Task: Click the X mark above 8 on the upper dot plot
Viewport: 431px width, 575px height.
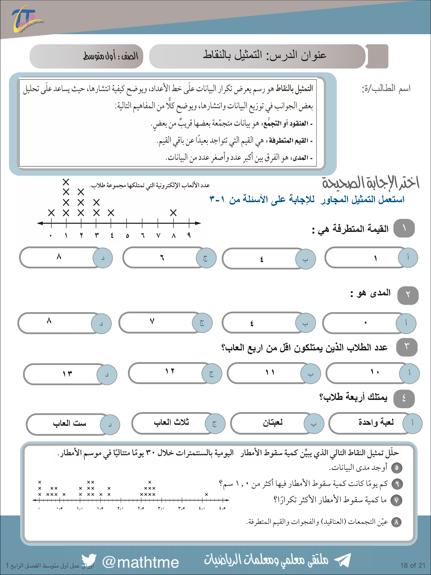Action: point(173,213)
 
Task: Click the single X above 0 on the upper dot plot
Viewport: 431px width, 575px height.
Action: point(51,213)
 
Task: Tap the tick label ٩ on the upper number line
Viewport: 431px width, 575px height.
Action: point(189,235)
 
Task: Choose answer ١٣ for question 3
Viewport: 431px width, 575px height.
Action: point(67,374)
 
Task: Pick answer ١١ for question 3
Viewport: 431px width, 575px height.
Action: point(270,372)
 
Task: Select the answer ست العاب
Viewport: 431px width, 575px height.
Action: point(70,423)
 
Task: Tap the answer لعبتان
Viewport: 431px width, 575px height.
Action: point(273,423)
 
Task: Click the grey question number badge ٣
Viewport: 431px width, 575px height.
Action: point(407,347)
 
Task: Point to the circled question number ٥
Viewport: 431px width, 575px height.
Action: point(396,468)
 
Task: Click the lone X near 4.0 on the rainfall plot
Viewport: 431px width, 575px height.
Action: point(206,494)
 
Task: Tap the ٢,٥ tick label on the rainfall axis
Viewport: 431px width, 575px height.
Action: point(141,508)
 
